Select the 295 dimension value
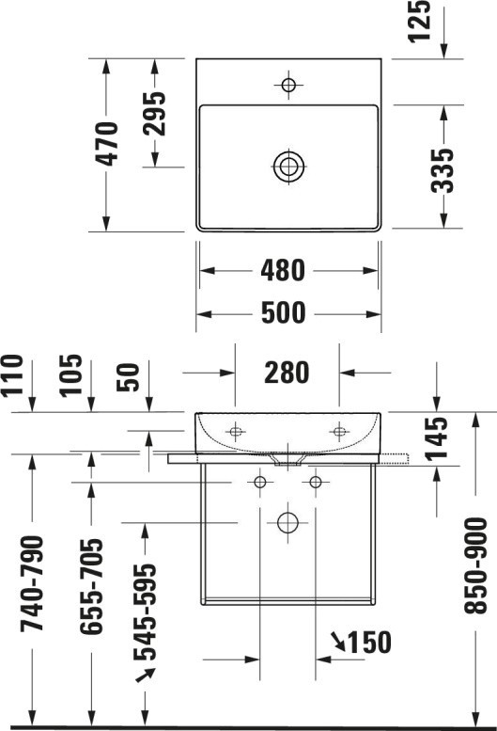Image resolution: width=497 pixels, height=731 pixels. click(x=154, y=113)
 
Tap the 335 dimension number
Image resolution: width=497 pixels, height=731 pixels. click(x=442, y=170)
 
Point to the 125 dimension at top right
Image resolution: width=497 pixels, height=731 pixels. click(x=419, y=21)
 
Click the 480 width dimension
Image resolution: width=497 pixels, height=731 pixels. click(x=283, y=270)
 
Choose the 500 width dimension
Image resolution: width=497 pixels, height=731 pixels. click(x=283, y=312)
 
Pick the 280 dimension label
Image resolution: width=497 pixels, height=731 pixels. click(x=287, y=373)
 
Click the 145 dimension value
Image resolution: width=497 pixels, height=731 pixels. click(x=437, y=438)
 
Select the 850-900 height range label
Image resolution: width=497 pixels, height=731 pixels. click(x=475, y=565)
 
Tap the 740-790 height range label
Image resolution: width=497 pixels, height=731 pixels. click(x=32, y=583)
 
